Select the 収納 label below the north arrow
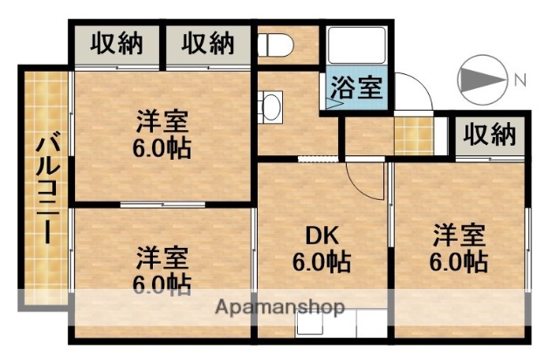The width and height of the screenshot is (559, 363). tap(489, 134)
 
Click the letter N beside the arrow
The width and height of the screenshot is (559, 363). tap(520, 81)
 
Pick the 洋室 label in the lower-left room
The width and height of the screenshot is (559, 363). tap(162, 258)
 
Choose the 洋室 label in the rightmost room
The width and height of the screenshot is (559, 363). tap(459, 235)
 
